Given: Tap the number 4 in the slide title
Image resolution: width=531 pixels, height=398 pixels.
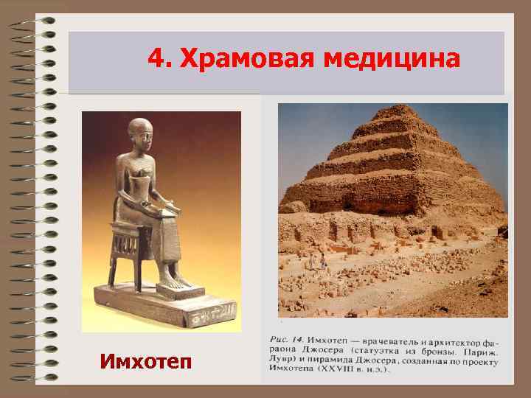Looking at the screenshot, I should click(153, 57).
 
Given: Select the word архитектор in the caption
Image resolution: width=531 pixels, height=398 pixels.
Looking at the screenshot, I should click(459, 340).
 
